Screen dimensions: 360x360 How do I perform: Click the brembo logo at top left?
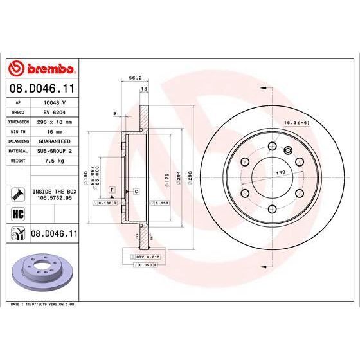[42, 67]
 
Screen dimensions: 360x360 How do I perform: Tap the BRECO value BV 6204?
[53, 111]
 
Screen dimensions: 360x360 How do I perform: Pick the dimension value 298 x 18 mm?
[55, 120]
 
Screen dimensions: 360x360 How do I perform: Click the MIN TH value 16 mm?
[52, 130]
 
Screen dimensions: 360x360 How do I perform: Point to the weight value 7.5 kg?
[51, 161]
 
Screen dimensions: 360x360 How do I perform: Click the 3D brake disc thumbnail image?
[42, 271]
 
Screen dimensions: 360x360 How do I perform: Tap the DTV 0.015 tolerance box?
[136, 257]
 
